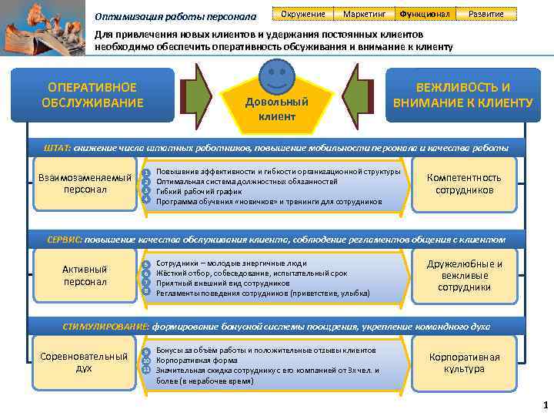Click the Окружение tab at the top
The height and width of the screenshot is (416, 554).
pos(302,14)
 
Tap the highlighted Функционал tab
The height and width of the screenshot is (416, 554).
pos(424,14)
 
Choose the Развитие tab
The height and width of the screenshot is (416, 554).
pos(486,14)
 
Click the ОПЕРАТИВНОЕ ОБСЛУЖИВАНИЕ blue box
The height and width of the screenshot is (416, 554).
pos(92,96)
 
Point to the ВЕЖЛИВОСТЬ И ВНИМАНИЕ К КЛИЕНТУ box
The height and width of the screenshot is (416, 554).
pos(462,96)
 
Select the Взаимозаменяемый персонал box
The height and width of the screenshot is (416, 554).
pos(85,183)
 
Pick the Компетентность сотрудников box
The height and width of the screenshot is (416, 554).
pos(463,183)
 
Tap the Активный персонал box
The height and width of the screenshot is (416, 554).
pos(85,275)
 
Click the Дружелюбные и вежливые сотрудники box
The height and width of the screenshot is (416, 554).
pos(463,275)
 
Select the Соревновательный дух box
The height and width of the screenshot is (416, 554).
pos(84,362)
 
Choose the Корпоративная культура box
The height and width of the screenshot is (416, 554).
pos(464,362)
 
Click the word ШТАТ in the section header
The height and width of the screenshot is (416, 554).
pos(58,147)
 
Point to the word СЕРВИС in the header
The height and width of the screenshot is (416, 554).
pos(65,239)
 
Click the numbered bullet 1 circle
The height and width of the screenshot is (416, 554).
pos(145,173)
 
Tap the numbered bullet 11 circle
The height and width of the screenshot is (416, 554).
pos(145,369)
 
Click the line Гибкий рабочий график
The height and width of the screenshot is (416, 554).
pos(192,191)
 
